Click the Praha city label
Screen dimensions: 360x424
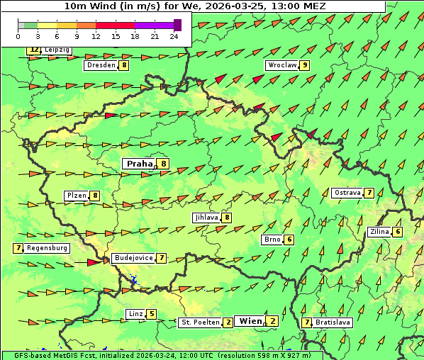(139, 164)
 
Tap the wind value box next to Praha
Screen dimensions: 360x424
(164, 164)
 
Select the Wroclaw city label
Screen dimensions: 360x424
(281, 65)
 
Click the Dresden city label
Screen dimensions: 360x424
(101, 65)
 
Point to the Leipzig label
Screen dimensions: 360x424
(57, 50)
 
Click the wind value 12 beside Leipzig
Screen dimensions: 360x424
(33, 50)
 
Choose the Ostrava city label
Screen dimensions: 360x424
(347, 193)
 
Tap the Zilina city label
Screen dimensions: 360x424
(380, 232)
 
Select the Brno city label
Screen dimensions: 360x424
(273, 240)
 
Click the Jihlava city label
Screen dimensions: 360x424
(206, 218)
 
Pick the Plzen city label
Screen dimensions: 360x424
(77, 196)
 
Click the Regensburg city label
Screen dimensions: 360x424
(48, 248)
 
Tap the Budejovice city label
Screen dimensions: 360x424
(133, 258)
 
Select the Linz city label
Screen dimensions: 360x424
(135, 314)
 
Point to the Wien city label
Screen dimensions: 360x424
(251, 321)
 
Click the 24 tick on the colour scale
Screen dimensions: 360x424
(174, 36)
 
